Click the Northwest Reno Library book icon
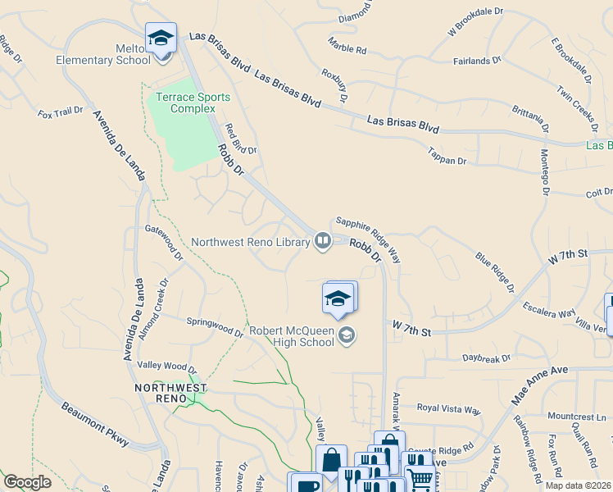[323, 241]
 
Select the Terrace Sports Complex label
[186, 102]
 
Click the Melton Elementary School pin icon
[161, 39]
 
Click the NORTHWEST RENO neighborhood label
[171, 393]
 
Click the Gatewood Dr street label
[165, 243]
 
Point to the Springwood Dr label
[215, 327]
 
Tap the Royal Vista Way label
[448, 408]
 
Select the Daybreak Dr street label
[486, 358]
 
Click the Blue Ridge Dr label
[494, 272]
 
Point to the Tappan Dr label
[447, 155]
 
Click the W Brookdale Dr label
[473, 28]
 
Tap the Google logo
[27, 482]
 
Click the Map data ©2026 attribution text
[578, 485]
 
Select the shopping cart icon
[420, 479]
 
